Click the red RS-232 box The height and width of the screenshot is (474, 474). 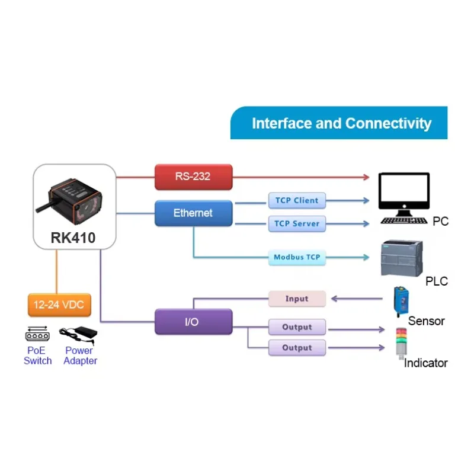(193, 177)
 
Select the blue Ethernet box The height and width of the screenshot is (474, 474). (193, 213)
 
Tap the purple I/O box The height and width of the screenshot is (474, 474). (193, 322)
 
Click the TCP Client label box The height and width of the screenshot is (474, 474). (297, 200)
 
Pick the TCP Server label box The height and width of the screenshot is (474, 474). (297, 224)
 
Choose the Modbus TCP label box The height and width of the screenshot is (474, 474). (297, 258)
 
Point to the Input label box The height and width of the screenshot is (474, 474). (297, 299)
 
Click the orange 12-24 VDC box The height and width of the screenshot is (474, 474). (59, 305)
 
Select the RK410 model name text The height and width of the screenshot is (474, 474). (73, 238)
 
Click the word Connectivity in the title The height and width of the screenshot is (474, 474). (388, 123)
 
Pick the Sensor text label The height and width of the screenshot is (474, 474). (426, 321)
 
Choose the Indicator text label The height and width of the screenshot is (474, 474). (425, 363)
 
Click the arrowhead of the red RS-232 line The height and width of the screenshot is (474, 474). (366, 177)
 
